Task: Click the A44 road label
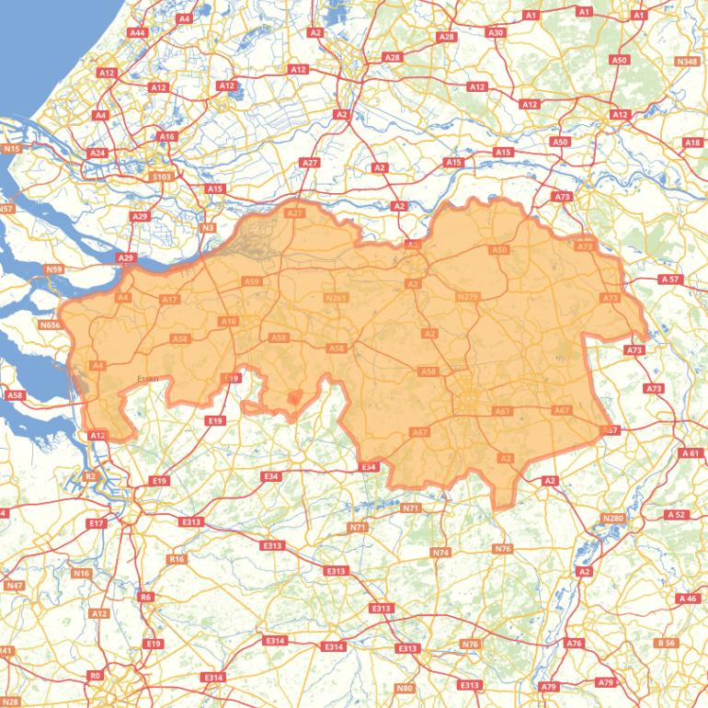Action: [x=138, y=32]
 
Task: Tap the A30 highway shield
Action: [x=496, y=32]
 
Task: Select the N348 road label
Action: [x=686, y=62]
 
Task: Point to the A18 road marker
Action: [x=692, y=143]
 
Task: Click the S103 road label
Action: [x=161, y=177]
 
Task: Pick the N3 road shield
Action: [x=208, y=228]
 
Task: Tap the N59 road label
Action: [x=53, y=269]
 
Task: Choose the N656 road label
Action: [x=50, y=325]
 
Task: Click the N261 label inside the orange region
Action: [x=336, y=298]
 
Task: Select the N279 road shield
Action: [x=467, y=297]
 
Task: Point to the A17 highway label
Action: [x=169, y=300]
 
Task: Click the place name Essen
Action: [x=147, y=378]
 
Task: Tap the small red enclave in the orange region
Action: [x=293, y=398]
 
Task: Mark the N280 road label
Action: [x=612, y=519]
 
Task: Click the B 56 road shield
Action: [x=667, y=643]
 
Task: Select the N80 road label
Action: [x=404, y=688]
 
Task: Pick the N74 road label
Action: [x=441, y=553]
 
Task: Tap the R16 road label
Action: [x=177, y=559]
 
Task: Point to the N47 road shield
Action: [x=15, y=585]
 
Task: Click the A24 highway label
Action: [x=98, y=153]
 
